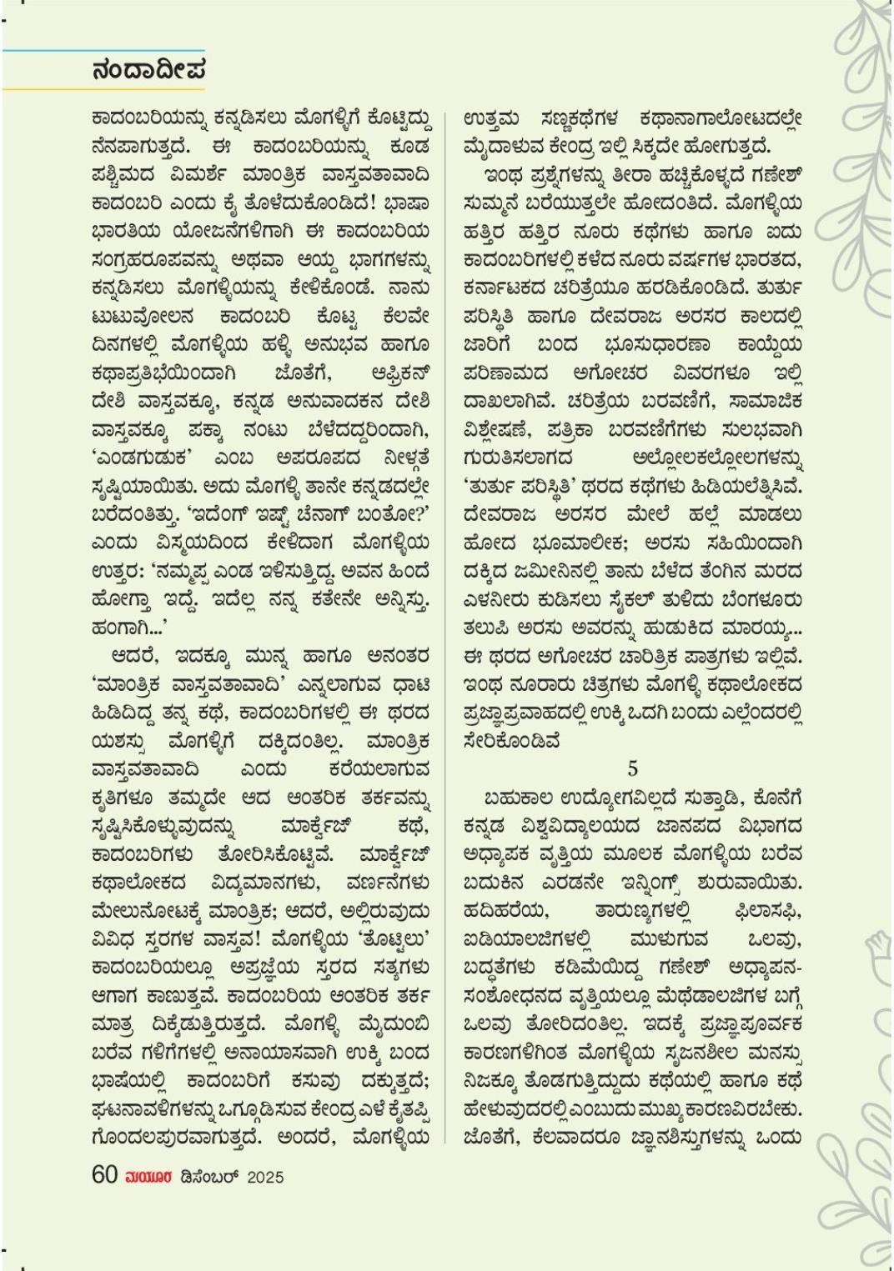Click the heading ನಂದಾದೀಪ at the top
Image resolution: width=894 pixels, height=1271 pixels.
coord(148,70)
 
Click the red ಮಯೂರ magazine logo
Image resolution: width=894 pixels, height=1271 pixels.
coord(149,1177)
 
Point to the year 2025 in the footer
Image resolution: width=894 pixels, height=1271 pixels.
coord(265,1177)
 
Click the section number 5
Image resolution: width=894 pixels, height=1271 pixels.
coord(633,768)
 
